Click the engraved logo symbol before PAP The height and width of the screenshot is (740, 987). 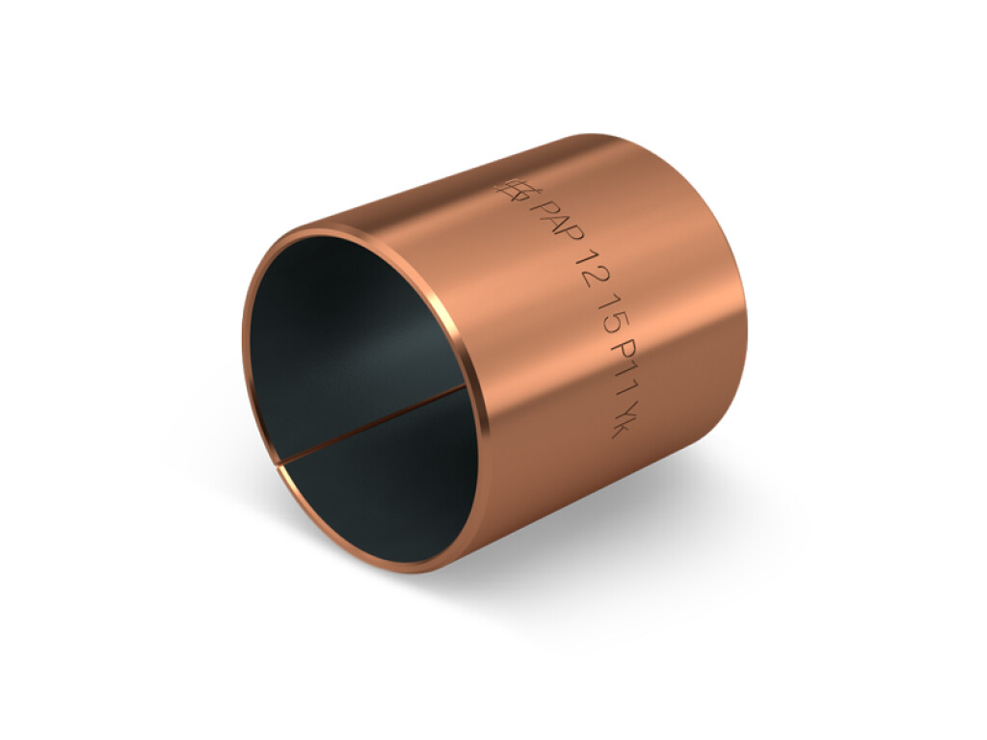point(511,190)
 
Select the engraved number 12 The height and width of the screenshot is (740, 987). point(586,271)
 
